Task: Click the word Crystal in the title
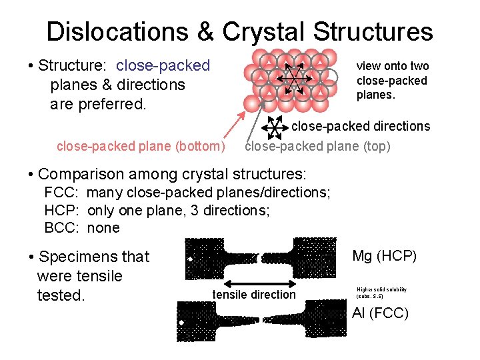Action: (x=264, y=31)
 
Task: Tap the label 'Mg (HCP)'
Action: (x=384, y=255)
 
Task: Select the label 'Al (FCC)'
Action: (x=380, y=313)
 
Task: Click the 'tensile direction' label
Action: (x=253, y=295)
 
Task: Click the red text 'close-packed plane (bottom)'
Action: (x=141, y=146)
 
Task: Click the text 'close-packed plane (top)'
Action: (x=318, y=146)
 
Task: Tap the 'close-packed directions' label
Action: (x=361, y=126)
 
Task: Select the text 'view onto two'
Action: (x=393, y=66)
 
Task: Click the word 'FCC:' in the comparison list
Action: (x=62, y=193)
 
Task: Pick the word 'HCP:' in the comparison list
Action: (x=63, y=211)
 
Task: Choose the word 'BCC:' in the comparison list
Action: (x=63, y=228)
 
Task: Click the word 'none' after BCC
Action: (x=103, y=228)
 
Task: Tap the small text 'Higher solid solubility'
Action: (x=382, y=289)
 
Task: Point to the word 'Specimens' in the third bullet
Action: (x=78, y=257)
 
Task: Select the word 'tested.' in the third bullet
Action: (x=61, y=295)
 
